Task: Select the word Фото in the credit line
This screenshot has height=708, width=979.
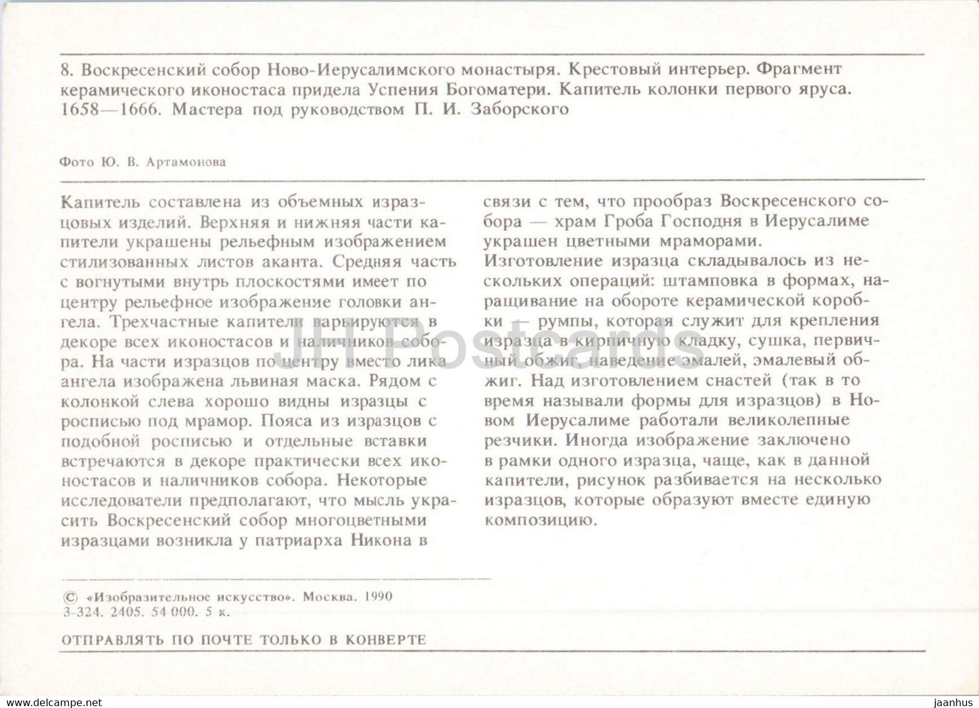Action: [x=76, y=161]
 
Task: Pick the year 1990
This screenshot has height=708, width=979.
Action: [x=377, y=597]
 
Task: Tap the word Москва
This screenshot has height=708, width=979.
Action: [x=329, y=597]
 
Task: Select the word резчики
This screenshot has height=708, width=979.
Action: [x=520, y=440]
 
